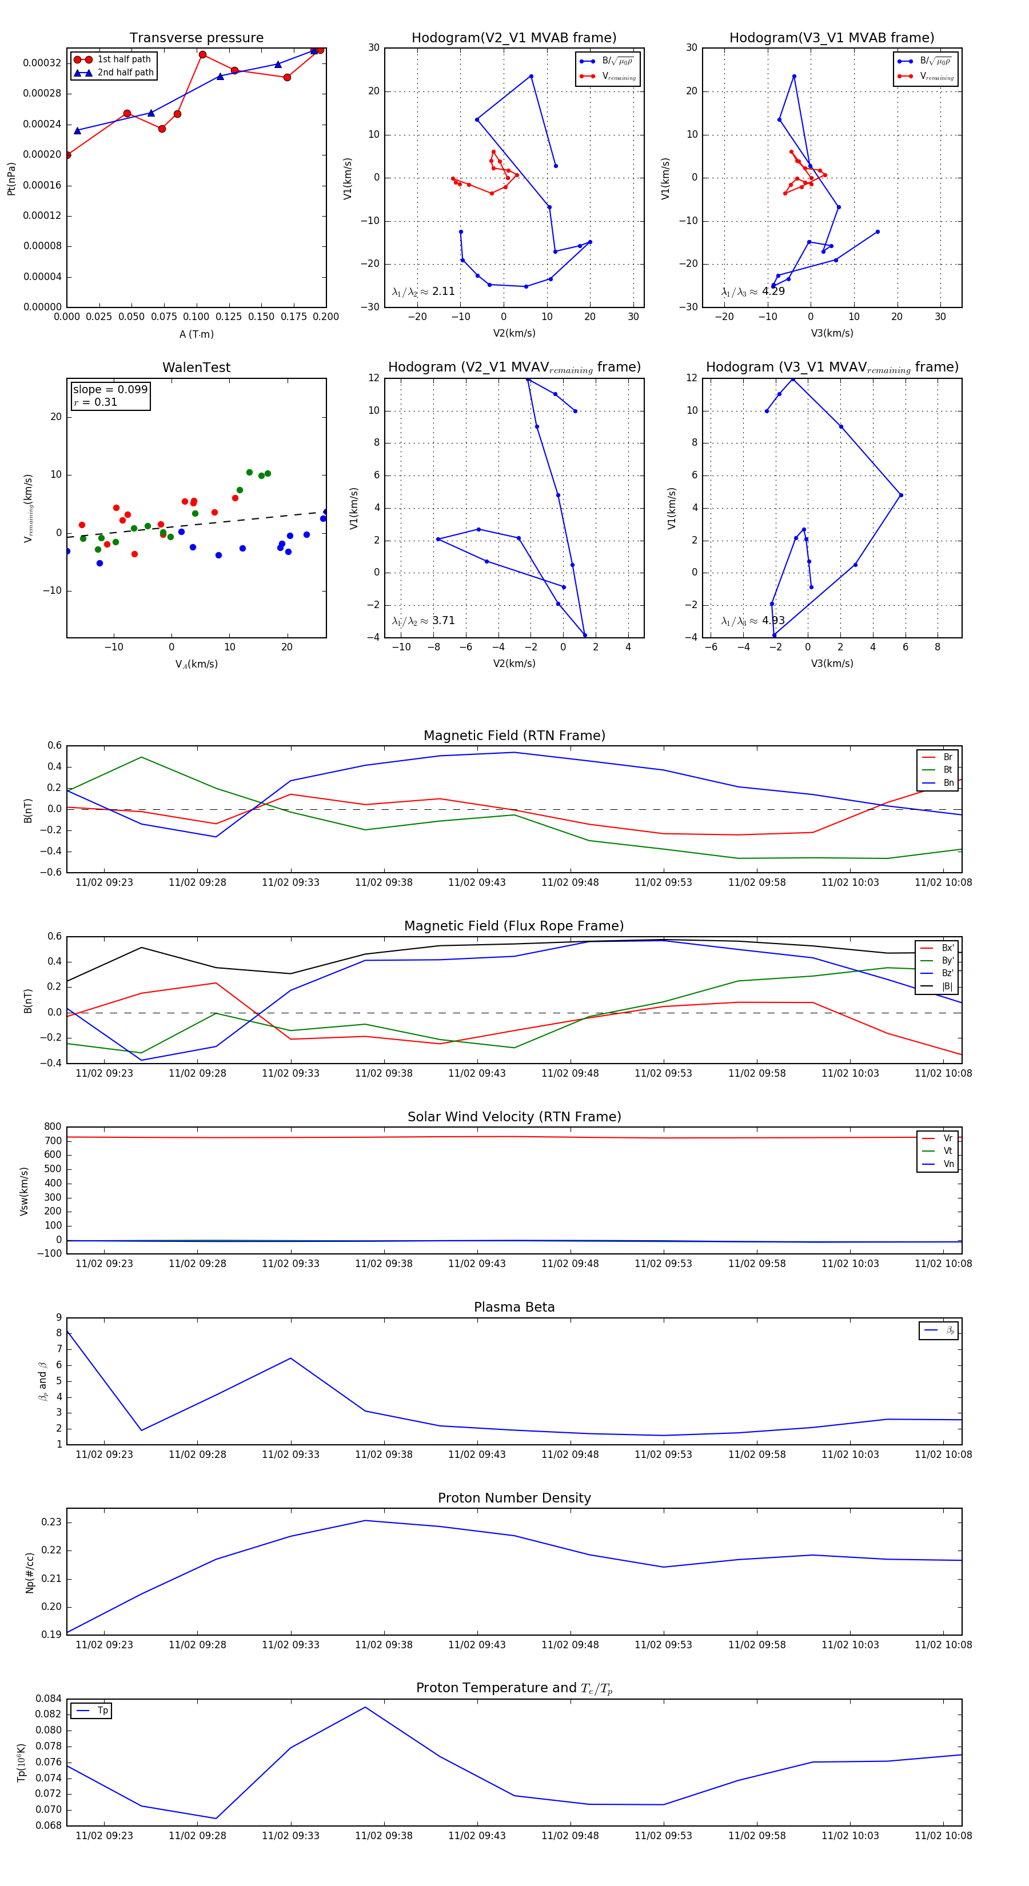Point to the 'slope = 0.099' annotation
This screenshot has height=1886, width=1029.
(x=110, y=390)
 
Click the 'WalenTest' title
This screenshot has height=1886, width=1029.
(x=196, y=367)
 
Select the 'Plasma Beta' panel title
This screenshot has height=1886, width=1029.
(x=514, y=1307)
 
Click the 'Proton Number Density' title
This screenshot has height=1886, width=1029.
(x=514, y=1498)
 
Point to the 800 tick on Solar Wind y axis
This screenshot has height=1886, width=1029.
(x=53, y=1127)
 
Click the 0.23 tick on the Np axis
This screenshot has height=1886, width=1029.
(x=51, y=1522)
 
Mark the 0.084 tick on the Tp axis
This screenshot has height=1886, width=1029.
(x=49, y=1699)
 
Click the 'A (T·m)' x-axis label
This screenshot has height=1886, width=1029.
(x=196, y=334)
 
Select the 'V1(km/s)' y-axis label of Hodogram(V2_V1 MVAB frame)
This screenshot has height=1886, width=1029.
(x=348, y=178)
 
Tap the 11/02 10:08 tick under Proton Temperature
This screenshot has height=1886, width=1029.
(x=943, y=1836)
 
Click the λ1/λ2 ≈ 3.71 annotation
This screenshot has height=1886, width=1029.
(x=423, y=621)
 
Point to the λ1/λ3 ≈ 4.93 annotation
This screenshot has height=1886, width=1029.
(x=753, y=621)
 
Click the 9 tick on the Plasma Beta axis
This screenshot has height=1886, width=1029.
(x=58, y=1318)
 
